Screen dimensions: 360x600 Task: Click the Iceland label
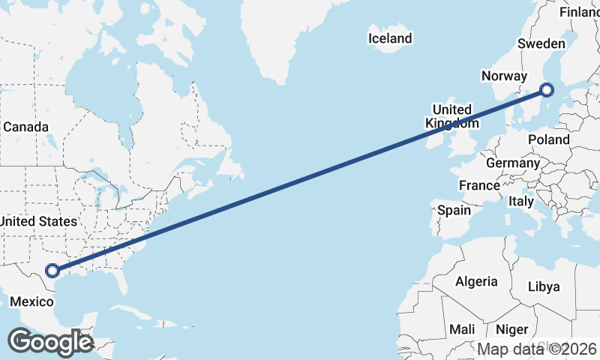[390, 38]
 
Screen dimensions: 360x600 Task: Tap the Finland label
[580, 13]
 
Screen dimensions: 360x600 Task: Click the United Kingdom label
[451, 116]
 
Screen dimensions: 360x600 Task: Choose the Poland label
[548, 139]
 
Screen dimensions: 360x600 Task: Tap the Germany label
[513, 163]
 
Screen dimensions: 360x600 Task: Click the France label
[479, 185]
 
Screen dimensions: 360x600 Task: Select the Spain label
[454, 210]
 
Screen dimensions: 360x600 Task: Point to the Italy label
[520, 201]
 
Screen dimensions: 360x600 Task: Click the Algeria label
[476, 281]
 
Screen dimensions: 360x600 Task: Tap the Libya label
[544, 286]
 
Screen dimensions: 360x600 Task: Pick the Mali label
[462, 329]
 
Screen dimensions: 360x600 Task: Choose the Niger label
[512, 329]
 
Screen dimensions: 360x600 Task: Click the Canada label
[25, 127]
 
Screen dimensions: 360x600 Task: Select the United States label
[38, 221]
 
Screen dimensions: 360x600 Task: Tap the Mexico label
[31, 301]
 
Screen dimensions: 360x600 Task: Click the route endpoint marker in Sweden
[547, 90]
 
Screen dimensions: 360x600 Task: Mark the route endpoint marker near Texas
[52, 271]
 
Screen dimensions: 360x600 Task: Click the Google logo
[49, 343]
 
